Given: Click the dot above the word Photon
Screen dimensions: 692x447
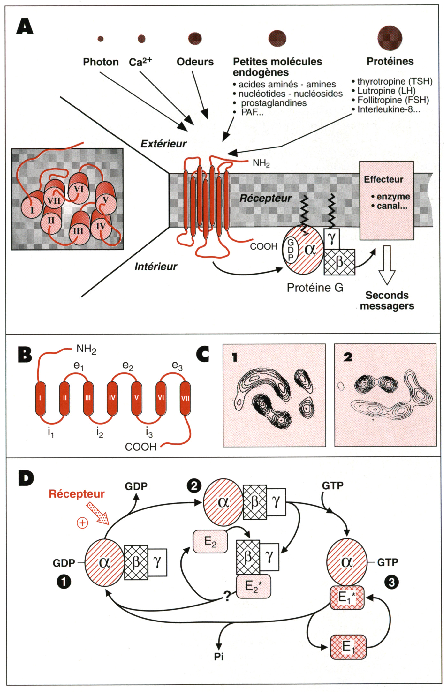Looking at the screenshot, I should [x=101, y=39].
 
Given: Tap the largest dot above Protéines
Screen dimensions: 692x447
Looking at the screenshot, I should [x=390, y=38].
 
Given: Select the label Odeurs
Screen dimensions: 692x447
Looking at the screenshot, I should [x=195, y=62].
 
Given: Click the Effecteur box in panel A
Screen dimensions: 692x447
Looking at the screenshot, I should [x=386, y=200].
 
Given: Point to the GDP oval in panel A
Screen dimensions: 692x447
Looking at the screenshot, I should [x=291, y=250].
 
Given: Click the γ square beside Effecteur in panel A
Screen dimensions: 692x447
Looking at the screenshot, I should [x=332, y=238].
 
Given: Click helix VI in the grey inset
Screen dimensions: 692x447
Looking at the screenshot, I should [x=79, y=190].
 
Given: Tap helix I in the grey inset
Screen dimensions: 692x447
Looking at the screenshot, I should [x=32, y=210].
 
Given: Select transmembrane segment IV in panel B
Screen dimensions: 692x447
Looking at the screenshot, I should [x=112, y=398].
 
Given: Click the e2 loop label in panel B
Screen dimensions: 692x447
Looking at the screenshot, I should [x=128, y=366].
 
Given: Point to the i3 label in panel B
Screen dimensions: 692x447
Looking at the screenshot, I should [x=149, y=433].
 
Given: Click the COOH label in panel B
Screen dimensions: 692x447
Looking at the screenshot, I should [x=140, y=447].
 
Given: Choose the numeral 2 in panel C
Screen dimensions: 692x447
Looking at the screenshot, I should [x=348, y=357].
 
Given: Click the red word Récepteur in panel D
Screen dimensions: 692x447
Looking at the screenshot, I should [x=77, y=494].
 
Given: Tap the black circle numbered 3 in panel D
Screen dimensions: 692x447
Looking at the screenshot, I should [x=391, y=583].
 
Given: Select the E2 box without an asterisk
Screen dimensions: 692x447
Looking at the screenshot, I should [x=210, y=542].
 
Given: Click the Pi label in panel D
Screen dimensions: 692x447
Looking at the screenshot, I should [x=219, y=657].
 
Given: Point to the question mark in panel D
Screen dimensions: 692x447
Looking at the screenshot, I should [x=227, y=596].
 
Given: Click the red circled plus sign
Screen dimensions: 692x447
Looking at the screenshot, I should [x=82, y=523].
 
